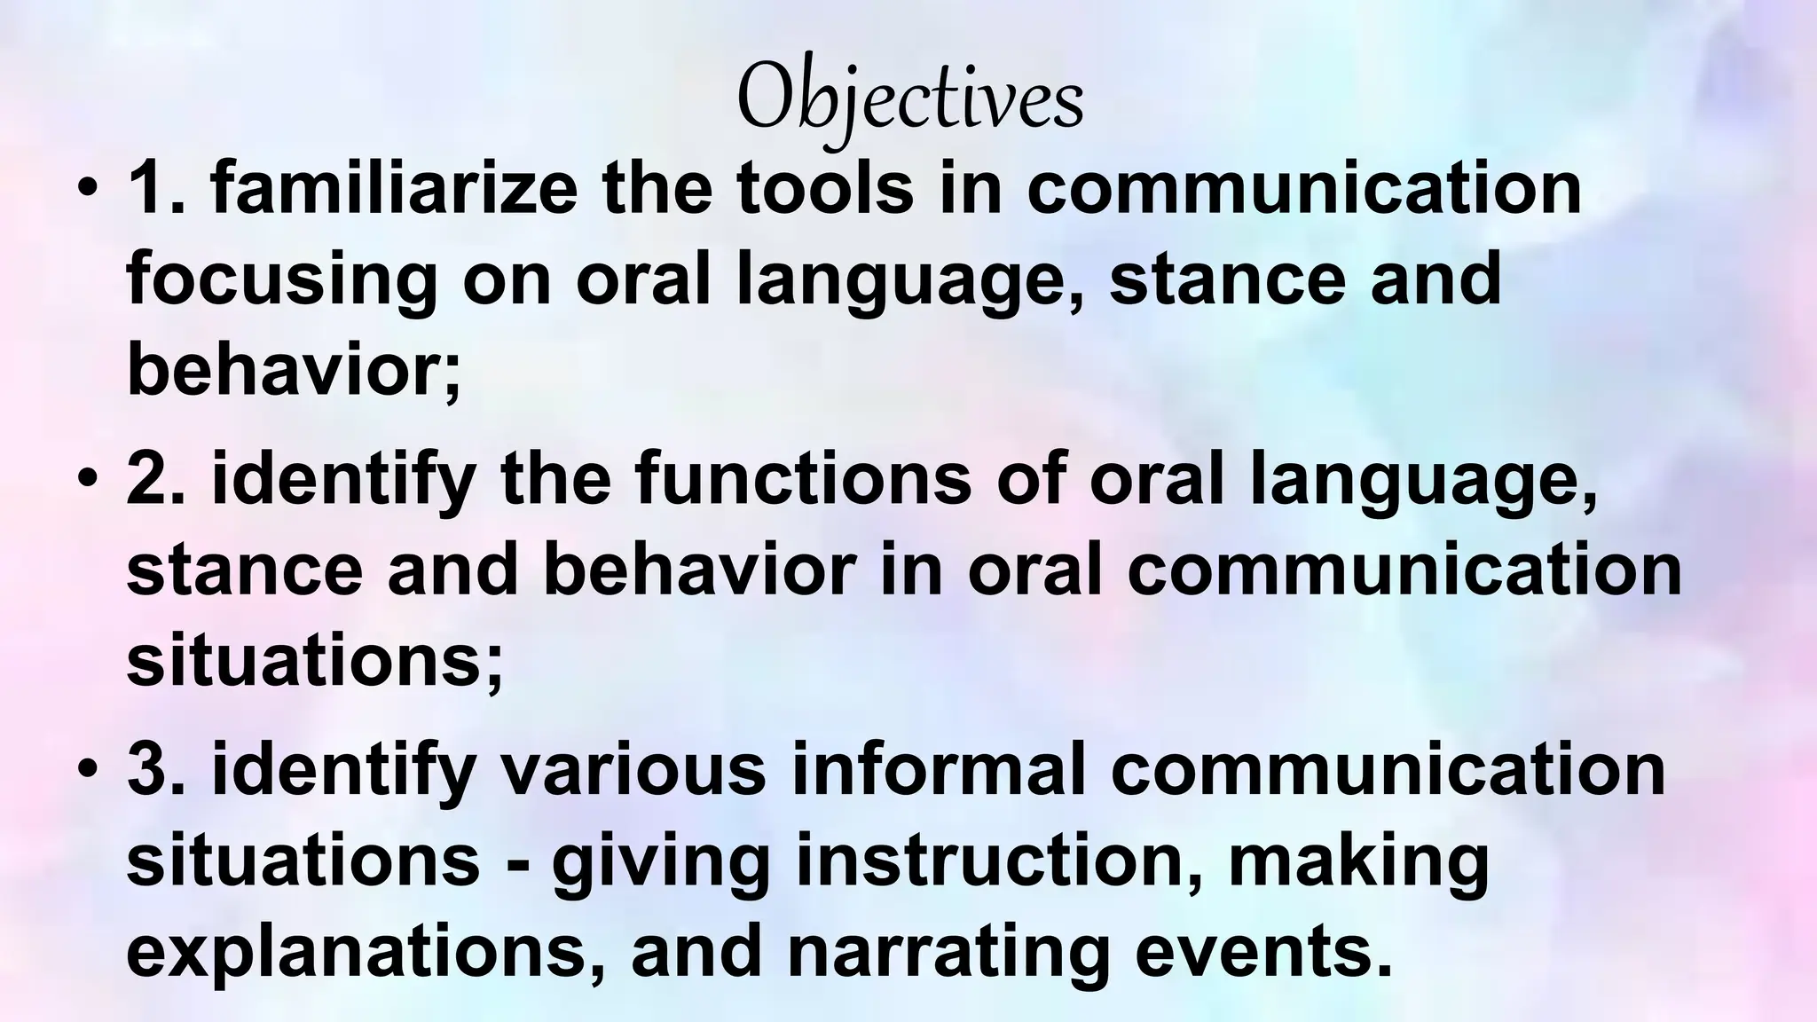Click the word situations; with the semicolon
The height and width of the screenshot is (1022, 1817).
314,662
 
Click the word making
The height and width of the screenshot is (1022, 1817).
1357,864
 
